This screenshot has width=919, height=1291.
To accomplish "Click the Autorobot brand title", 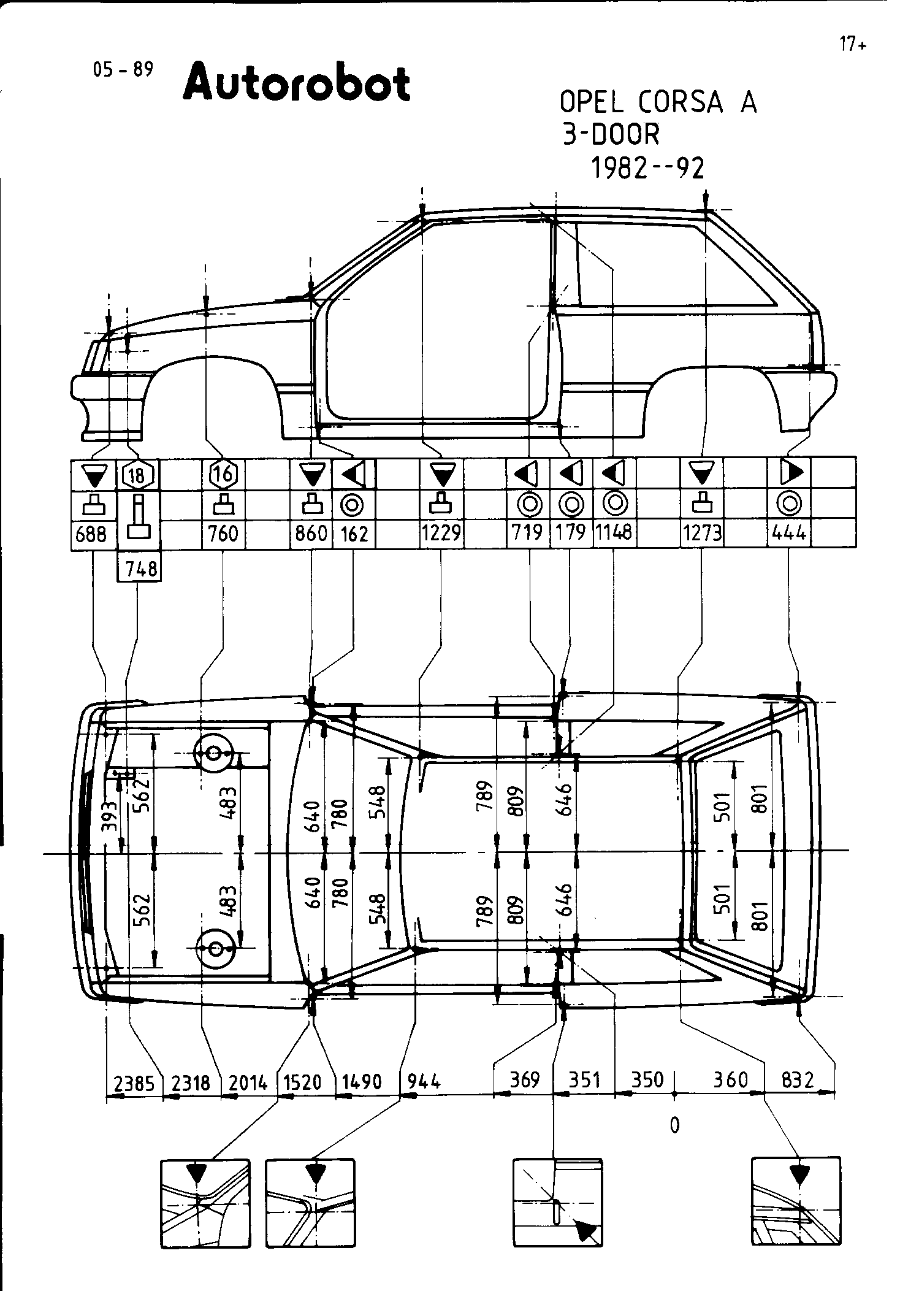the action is point(296,83).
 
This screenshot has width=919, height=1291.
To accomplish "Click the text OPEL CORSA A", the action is point(658,102).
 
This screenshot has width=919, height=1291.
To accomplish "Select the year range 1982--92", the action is point(647,167).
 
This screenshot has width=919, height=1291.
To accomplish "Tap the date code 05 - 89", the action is point(123,70).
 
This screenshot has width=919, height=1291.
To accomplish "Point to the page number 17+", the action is point(853,44).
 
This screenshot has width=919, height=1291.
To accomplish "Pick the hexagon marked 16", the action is point(223,473).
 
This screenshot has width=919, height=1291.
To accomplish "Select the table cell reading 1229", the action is point(441,533).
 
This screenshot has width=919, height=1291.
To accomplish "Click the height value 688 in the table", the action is point(91,535).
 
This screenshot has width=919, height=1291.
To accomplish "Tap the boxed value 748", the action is point(140,570).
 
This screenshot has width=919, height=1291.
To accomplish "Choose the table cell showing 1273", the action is point(702,533).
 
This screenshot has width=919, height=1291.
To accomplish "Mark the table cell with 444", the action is point(790,533).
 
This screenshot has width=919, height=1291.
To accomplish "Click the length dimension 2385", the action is point(134,1082).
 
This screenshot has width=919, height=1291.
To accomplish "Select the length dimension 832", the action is point(798,1079).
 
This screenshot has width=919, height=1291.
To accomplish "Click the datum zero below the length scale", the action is point(674,1125).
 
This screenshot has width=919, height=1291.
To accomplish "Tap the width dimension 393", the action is point(109,816).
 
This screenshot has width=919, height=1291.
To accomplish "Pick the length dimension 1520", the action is point(302,1082).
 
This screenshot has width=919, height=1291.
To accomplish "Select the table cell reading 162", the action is point(354,534).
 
